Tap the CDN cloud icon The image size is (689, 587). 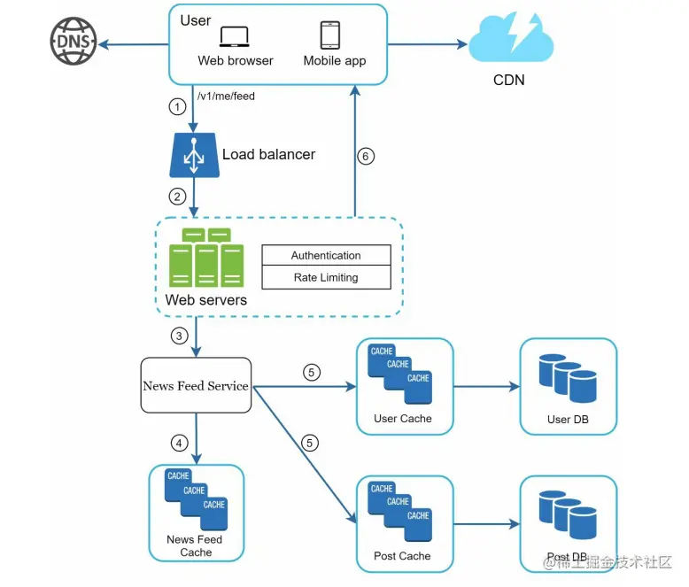point(509,40)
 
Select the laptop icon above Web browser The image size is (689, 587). point(235,36)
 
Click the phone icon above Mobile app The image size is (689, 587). point(330,35)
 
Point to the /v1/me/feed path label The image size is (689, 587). point(226,96)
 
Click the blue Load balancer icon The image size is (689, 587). point(194,156)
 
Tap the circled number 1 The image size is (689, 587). point(178,107)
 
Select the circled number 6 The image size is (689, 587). point(365,157)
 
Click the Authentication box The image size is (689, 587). point(326,256)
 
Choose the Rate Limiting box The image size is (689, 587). point(326,277)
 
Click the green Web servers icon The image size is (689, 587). point(205,259)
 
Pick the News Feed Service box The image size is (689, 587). point(196,386)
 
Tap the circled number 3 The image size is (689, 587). point(178,336)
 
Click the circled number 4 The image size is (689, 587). point(178,442)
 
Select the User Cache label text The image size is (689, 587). point(403,418)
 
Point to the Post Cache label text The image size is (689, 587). point(403,556)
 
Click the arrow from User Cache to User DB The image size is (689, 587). point(485,387)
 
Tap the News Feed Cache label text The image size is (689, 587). point(196,545)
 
